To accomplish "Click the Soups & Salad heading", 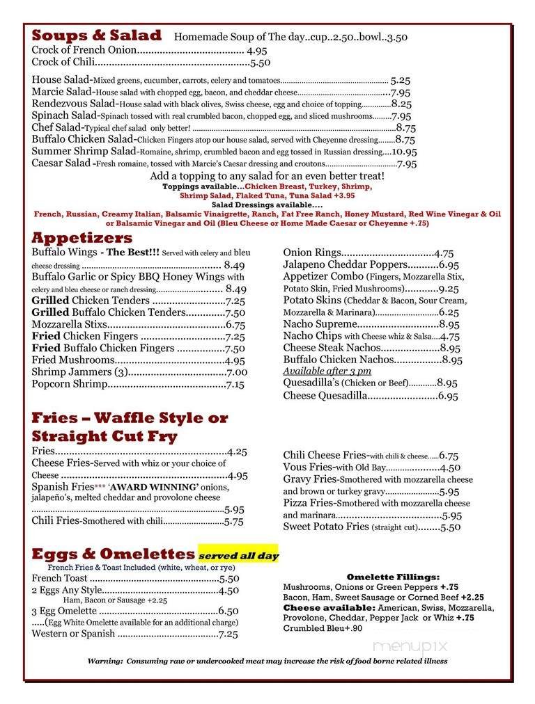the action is click(96, 35).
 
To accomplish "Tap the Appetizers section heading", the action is click(82, 238).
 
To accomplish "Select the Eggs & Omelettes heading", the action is click(113, 554).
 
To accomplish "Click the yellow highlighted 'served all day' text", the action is click(238, 556).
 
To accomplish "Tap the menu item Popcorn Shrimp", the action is click(69, 384).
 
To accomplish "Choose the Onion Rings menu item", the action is click(312, 253).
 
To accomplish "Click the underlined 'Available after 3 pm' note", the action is click(327, 371).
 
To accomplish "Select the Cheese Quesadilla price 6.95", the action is click(448, 396).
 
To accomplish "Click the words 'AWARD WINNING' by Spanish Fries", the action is click(154, 487).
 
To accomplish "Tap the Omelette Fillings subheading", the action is click(393, 577).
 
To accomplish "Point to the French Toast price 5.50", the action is click(229, 578).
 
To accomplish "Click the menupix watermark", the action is click(410, 646).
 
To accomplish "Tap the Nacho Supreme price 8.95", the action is click(449, 324).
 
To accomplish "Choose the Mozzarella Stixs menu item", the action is click(69, 324).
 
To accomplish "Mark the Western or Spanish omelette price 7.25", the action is click(228, 634).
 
